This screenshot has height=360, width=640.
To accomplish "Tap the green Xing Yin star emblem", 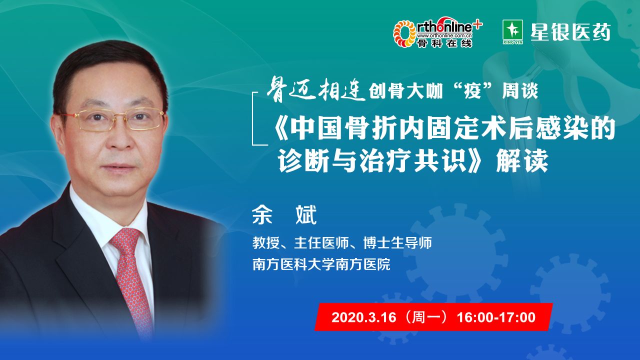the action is (513, 32).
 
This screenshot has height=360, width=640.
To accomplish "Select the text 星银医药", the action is (570, 32).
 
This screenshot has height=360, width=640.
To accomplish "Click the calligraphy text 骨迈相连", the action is (315, 89).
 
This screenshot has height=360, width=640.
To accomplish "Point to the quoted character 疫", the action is (473, 91).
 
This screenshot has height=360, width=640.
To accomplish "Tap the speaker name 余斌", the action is (284, 215).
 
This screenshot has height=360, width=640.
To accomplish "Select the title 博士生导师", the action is (397, 243).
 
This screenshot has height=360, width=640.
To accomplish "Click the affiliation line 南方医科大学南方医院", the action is (321, 264).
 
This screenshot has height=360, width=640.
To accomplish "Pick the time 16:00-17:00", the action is (496, 317).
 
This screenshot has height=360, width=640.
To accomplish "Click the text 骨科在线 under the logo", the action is (445, 43).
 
